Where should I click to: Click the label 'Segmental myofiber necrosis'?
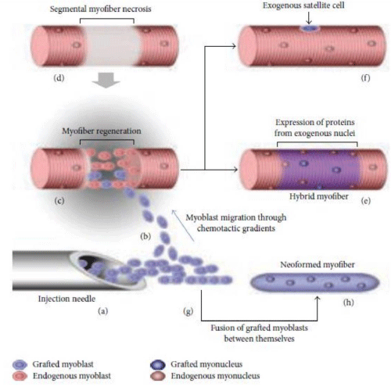pyautogui.click(x=100, y=9)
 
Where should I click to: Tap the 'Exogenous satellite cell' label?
pyautogui.click(x=303, y=5)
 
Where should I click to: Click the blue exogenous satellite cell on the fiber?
pyautogui.click(x=309, y=28)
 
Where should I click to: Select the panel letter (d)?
pyautogui.click(x=59, y=77)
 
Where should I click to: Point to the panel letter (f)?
pyautogui.click(x=365, y=77)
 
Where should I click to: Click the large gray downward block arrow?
pyautogui.click(x=106, y=81)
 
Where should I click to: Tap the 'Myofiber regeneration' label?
pyautogui.click(x=102, y=131)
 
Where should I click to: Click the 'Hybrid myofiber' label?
pyautogui.click(x=319, y=196)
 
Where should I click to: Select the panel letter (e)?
pyautogui.click(x=365, y=201)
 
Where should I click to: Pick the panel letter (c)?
pyautogui.click(x=59, y=201)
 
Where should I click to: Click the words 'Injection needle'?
pyautogui.click(x=66, y=299)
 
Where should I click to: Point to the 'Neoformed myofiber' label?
pyautogui.click(x=317, y=264)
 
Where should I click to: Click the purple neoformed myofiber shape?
pyautogui.click(x=315, y=282)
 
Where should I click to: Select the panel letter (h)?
pyautogui.click(x=349, y=303)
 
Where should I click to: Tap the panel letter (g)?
pyautogui.click(x=188, y=311)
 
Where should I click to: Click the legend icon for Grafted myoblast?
pyautogui.click(x=20, y=364)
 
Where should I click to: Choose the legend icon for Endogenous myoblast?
pyautogui.click(x=20, y=376)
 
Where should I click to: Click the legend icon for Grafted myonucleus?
pyautogui.click(x=158, y=364)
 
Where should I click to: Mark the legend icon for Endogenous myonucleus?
pyautogui.click(x=158, y=376)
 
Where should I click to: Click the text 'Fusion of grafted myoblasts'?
pyautogui.click(x=259, y=328)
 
